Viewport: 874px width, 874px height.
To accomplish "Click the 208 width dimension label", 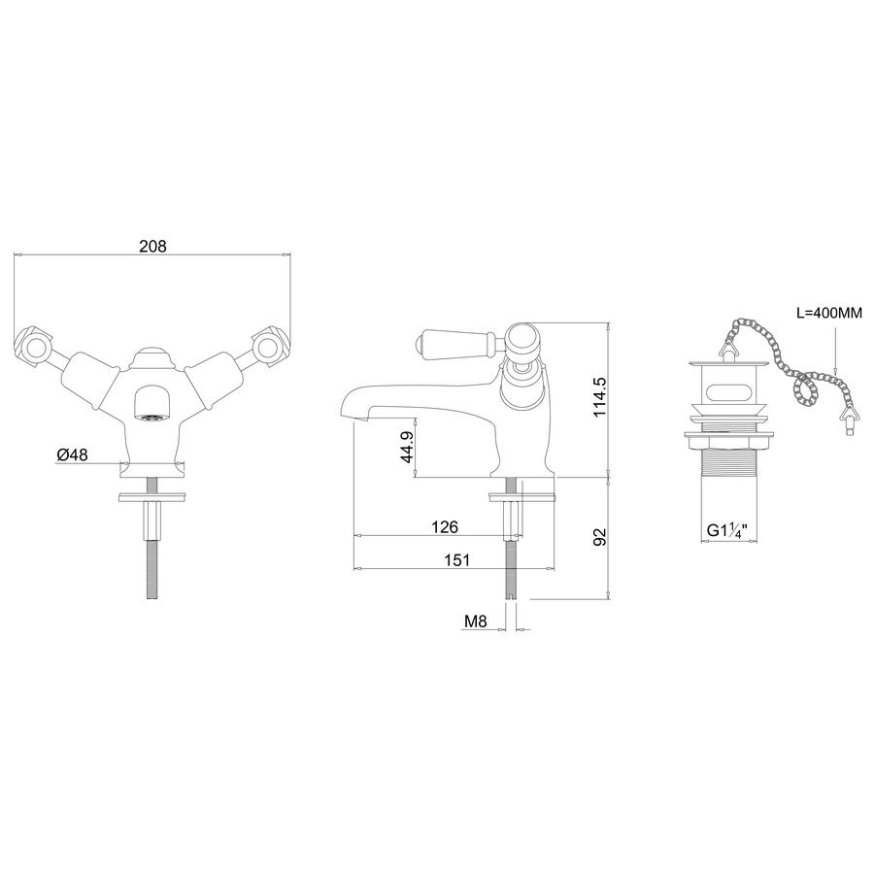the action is point(152,246).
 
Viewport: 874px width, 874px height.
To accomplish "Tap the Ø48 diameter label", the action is point(73,454).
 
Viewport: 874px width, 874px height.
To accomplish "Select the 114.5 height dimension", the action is point(599,396).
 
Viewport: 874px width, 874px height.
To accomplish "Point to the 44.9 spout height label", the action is point(407,447).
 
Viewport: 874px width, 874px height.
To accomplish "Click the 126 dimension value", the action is point(445,526).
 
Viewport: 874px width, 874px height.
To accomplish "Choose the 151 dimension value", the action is point(457,560).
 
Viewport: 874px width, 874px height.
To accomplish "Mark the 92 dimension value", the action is point(599,537).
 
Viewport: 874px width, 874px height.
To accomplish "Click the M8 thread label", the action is point(476,622).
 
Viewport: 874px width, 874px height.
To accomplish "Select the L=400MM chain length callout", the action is point(829,314).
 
